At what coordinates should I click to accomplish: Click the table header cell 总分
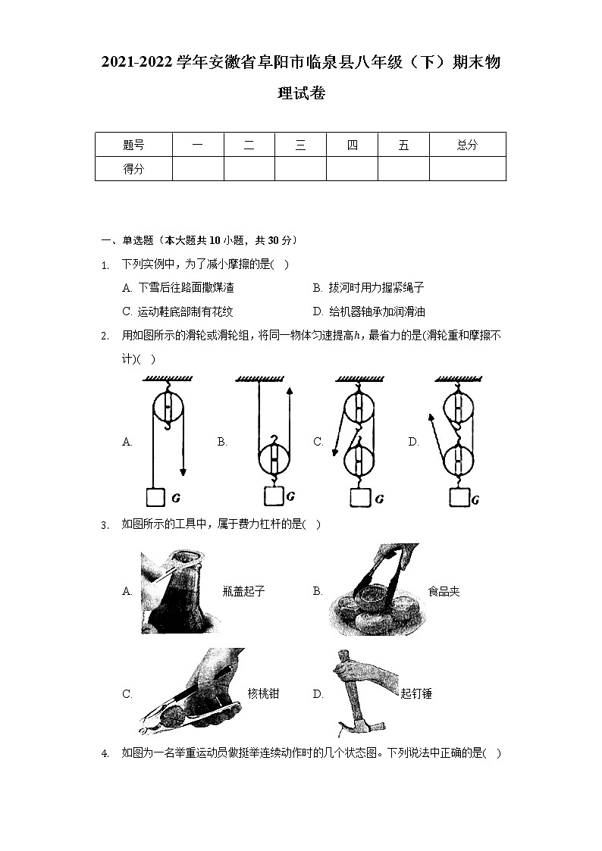click(x=467, y=145)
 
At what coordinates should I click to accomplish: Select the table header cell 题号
click(x=133, y=145)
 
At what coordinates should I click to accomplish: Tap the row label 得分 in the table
click(x=133, y=169)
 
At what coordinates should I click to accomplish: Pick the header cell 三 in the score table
click(x=300, y=145)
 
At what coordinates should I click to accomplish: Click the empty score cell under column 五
click(x=403, y=169)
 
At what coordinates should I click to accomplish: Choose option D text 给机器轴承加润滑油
click(x=377, y=311)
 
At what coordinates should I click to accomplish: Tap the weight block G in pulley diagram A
click(x=155, y=497)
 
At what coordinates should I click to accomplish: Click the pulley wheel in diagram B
click(x=273, y=460)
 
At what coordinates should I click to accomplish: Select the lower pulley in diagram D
click(x=459, y=459)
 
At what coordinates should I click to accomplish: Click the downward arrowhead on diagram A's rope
click(x=183, y=472)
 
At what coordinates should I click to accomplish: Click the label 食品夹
click(x=444, y=591)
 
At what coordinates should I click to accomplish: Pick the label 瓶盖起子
click(x=244, y=591)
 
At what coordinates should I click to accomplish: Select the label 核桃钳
click(x=263, y=693)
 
